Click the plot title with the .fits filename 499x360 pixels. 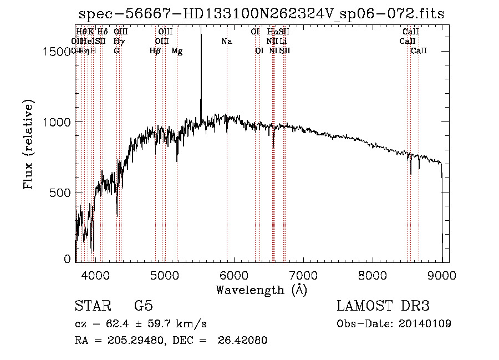(261, 14)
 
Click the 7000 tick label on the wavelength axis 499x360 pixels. (303, 273)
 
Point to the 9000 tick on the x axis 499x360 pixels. (442, 273)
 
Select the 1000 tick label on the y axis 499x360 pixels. (58, 123)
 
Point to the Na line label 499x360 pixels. (226, 41)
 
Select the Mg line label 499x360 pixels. (177, 51)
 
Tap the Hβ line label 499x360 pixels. (155, 51)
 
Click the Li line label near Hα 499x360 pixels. (283, 41)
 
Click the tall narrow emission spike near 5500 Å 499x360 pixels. (201, 67)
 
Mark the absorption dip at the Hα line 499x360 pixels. (273, 143)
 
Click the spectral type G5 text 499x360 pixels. (143, 306)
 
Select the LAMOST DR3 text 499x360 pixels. (383, 306)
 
